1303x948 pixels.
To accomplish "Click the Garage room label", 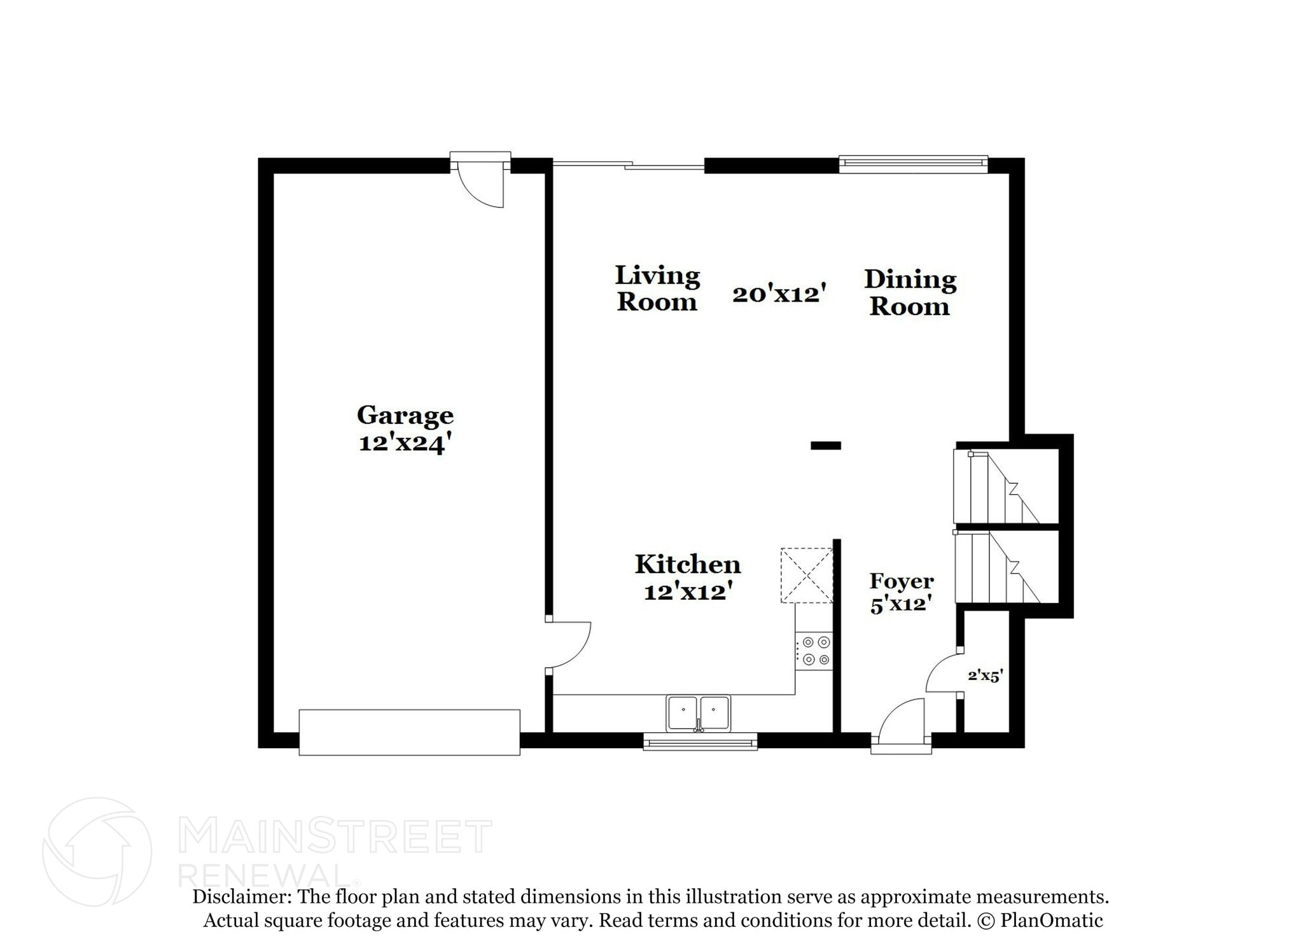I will (x=405, y=415).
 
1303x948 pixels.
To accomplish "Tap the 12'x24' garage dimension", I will (x=405, y=442).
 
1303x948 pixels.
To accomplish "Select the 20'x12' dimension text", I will (x=779, y=294).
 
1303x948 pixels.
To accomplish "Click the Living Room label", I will (x=657, y=288).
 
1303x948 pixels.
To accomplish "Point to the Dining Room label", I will (x=910, y=293).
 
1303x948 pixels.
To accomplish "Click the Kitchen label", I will (x=688, y=565).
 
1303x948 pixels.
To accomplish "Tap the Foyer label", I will (x=902, y=581).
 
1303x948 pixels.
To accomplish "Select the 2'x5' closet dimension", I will (x=986, y=676).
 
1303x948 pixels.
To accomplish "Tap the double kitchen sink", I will (x=699, y=712).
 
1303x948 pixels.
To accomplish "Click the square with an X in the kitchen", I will (x=807, y=575).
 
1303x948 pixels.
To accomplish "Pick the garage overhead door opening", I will (x=409, y=732).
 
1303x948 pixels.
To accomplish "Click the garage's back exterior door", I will (x=481, y=181).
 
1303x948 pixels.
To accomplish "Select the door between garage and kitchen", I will (x=568, y=644).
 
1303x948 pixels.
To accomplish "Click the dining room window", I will (x=913, y=164).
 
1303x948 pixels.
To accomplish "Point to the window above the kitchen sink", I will (x=700, y=741).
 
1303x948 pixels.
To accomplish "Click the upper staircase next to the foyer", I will (x=996, y=486).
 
